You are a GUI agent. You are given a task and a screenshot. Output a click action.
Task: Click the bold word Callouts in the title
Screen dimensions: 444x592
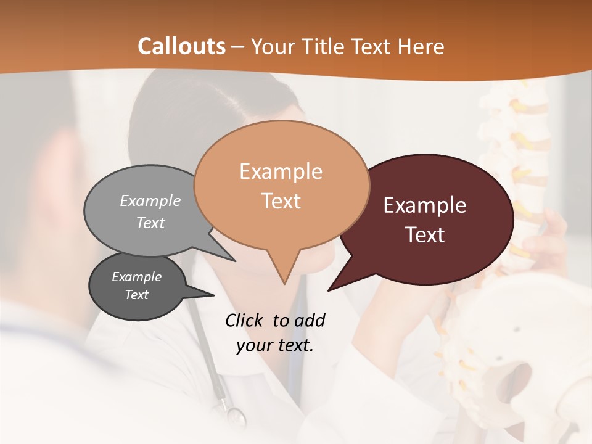point(181,46)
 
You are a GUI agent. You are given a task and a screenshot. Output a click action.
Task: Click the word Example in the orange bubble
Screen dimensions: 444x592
point(281,171)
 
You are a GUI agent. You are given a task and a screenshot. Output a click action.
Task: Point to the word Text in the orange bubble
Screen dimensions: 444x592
point(281,201)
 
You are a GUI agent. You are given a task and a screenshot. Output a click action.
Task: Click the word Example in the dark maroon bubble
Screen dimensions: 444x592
point(425,205)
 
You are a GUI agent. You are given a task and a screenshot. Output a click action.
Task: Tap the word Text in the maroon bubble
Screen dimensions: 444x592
point(425,235)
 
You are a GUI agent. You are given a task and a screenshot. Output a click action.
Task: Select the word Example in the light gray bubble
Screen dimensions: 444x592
point(150,200)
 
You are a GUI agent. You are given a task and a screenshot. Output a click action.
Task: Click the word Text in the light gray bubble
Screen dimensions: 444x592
point(150,223)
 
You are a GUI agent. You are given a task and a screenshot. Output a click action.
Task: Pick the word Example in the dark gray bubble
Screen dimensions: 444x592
point(137,277)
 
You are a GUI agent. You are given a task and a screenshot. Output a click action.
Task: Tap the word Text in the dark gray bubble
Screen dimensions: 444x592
point(137,295)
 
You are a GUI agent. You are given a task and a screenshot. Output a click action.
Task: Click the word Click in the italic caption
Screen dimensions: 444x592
point(245,320)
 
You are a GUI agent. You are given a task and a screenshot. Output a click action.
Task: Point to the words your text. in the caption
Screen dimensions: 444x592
point(275,345)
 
